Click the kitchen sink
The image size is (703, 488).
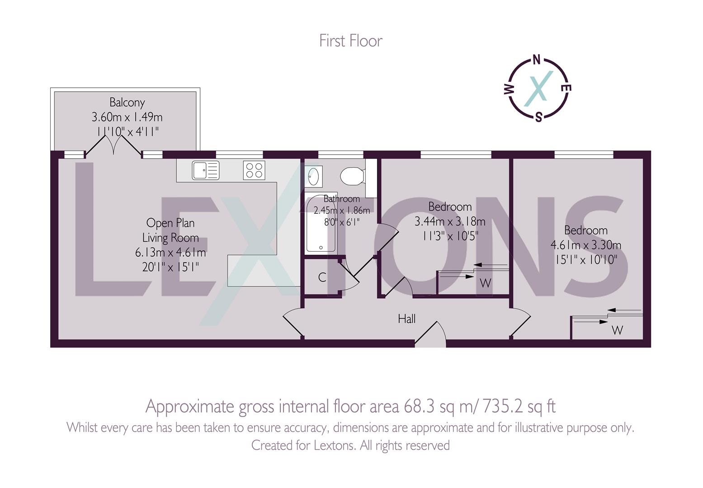tap(206, 170)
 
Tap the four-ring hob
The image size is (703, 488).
tap(254, 170)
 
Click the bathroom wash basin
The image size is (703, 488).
tap(314, 177)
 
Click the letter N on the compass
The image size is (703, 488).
tap(537, 60)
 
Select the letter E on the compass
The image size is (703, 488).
tap(566, 88)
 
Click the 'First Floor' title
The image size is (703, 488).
tap(351, 41)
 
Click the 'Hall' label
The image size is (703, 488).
tap(407, 319)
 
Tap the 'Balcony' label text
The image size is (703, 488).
tap(127, 103)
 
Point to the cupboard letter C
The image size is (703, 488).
tap(322, 277)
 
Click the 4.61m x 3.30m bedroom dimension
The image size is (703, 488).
tap(586, 245)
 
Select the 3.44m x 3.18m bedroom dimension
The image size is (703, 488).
tap(450, 222)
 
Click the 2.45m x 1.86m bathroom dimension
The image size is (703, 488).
tap(342, 211)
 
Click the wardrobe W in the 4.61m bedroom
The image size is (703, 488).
tap(617, 330)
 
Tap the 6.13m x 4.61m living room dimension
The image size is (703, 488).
tap(170, 253)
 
